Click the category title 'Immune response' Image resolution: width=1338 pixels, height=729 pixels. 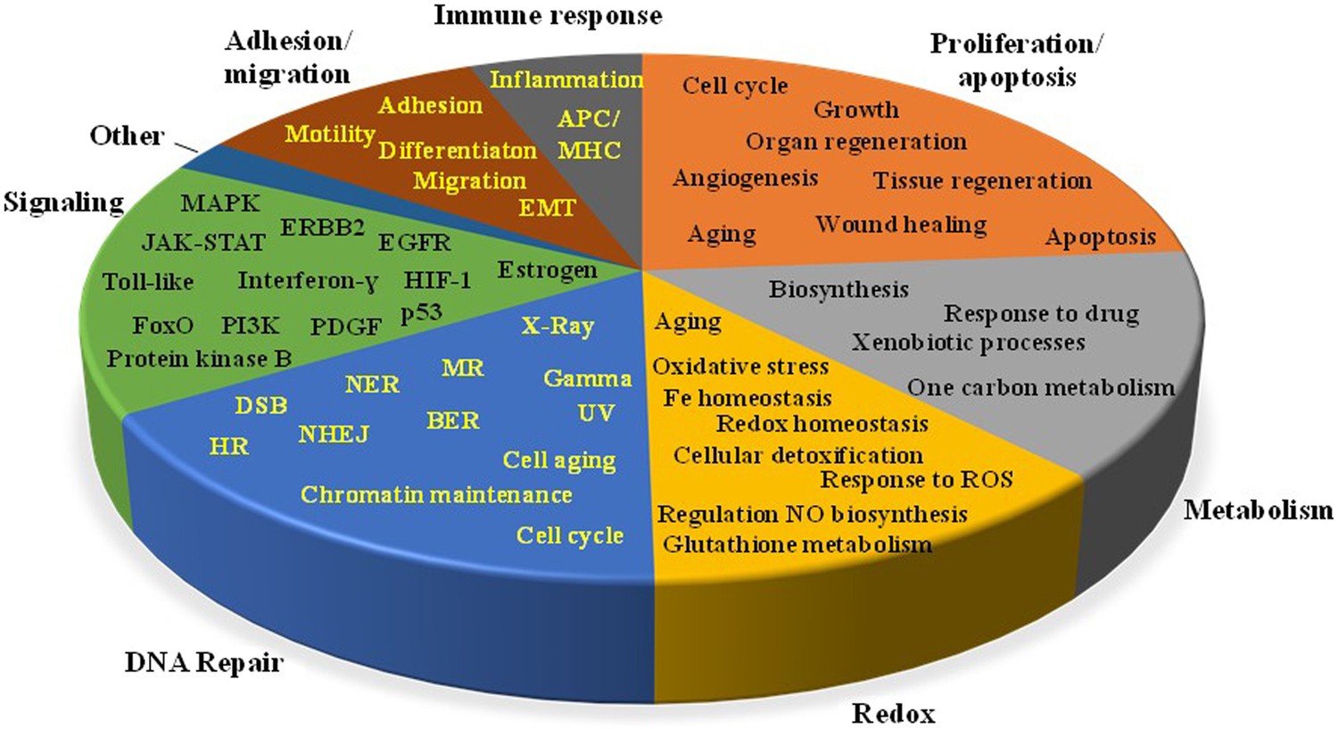[548, 15]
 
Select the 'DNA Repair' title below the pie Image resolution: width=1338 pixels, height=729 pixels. [203, 662]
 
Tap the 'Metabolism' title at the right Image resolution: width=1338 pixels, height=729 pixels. [1258, 509]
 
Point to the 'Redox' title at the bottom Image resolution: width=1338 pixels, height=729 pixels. [893, 713]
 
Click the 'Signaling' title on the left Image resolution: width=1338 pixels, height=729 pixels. [63, 203]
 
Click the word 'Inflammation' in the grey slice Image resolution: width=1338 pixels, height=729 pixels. [566, 79]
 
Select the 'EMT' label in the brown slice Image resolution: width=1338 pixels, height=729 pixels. [548, 208]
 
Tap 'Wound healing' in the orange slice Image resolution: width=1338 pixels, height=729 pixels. [901, 224]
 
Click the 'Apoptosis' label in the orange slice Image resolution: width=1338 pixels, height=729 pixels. [1101, 237]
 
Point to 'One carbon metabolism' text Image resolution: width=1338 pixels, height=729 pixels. [1040, 387]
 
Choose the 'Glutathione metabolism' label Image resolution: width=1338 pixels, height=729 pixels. [797, 543]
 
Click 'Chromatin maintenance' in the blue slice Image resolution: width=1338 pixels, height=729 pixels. [436, 494]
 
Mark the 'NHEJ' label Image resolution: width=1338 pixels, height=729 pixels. [334, 435]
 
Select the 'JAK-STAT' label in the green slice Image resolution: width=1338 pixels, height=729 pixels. [203, 243]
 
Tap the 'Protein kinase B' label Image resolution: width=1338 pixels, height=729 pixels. [199, 359]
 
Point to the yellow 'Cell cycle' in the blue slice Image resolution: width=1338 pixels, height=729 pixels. [570, 535]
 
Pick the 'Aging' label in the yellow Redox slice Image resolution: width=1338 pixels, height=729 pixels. [688, 321]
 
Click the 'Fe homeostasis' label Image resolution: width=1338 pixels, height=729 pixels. [747, 398]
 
